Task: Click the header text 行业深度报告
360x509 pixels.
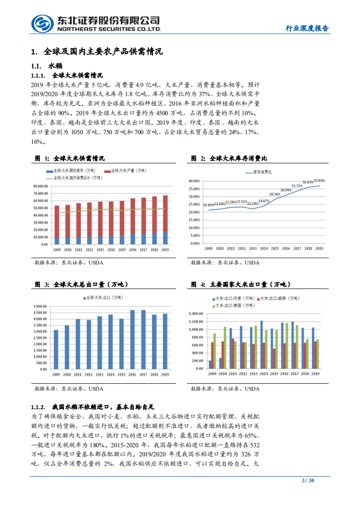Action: coord(307,28)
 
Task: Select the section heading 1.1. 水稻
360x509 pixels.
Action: coord(48,66)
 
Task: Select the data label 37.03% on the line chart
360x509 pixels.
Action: coord(319,181)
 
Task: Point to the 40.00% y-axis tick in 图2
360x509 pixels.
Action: coord(193,181)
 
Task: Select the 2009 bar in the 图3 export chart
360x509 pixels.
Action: coord(56,349)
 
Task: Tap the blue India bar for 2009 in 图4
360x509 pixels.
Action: coord(211,364)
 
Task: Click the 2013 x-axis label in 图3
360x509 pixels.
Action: coord(99,374)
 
